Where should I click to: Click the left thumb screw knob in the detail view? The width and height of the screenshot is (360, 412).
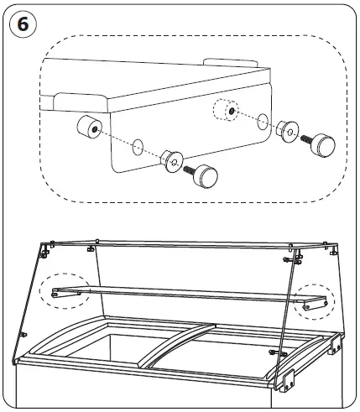(207, 176)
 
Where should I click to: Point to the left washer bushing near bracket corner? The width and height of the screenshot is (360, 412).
(172, 159)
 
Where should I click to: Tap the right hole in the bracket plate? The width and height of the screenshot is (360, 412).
(262, 120)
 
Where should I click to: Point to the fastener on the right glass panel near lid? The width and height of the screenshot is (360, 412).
(274, 351)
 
